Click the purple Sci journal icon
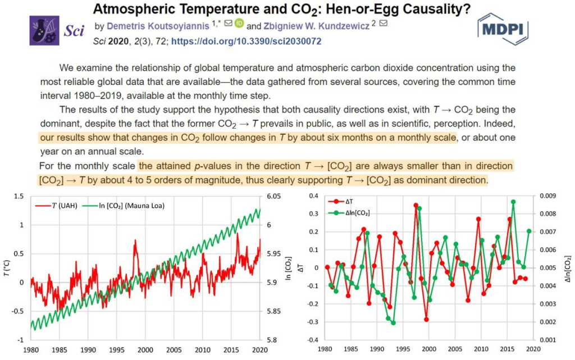pyautogui.click(x=44, y=30)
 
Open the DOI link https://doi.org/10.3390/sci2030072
pyautogui.click(x=246, y=42)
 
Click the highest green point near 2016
pyautogui.click(x=513, y=202)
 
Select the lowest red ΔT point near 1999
pyautogui.click(x=426, y=320)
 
